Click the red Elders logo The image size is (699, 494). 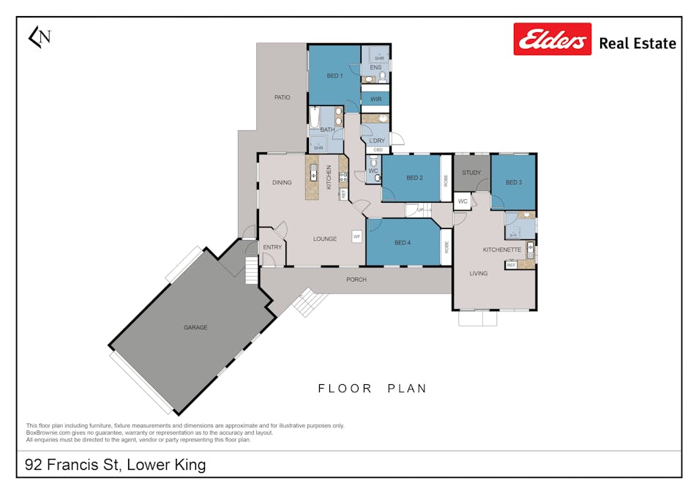(553, 39)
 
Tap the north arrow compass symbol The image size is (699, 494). (39, 37)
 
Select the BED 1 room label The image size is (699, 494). (334, 75)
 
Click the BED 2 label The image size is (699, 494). (415, 178)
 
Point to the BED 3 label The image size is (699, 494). (514, 182)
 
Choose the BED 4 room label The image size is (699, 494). (403, 243)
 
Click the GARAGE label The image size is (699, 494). (195, 327)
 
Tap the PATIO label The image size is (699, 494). (282, 97)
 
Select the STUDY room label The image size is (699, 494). (472, 173)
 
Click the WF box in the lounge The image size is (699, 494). (357, 236)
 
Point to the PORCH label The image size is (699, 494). (356, 280)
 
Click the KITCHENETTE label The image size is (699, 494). (502, 250)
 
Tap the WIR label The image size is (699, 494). (375, 99)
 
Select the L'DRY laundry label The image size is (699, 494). (377, 141)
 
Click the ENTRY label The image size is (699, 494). (272, 247)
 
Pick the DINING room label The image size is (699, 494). (282, 183)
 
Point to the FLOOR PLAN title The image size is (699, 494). (372, 389)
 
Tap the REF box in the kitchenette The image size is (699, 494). (511, 265)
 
